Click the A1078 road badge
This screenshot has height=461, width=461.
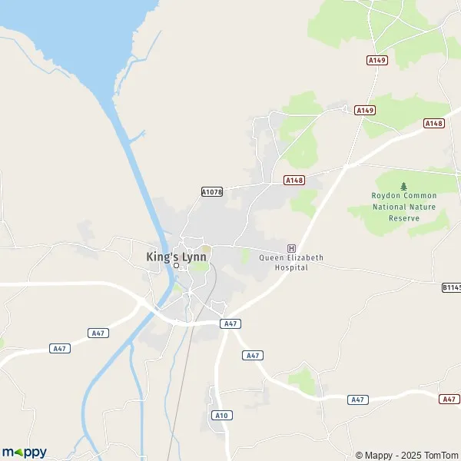pyautogui.click(x=211, y=192)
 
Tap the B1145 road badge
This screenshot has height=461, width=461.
pyautogui.click(x=451, y=287)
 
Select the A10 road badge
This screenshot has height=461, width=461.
pyautogui.click(x=221, y=416)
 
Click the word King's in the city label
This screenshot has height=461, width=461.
pyautogui.click(x=161, y=257)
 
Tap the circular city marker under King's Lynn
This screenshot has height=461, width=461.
pyautogui.click(x=176, y=266)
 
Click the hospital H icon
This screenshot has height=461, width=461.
pyautogui.click(x=291, y=247)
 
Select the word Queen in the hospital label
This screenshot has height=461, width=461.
pyautogui.click(x=271, y=257)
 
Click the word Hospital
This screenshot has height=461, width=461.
pyautogui.click(x=291, y=267)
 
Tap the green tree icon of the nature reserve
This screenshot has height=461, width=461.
pyautogui.click(x=404, y=186)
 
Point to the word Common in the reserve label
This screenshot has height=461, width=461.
pyautogui.click(x=421, y=196)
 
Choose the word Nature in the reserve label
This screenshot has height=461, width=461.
pyautogui.click(x=423, y=207)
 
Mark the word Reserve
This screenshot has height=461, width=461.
pyautogui.click(x=404, y=217)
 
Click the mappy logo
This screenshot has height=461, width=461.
pyautogui.click(x=25, y=452)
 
